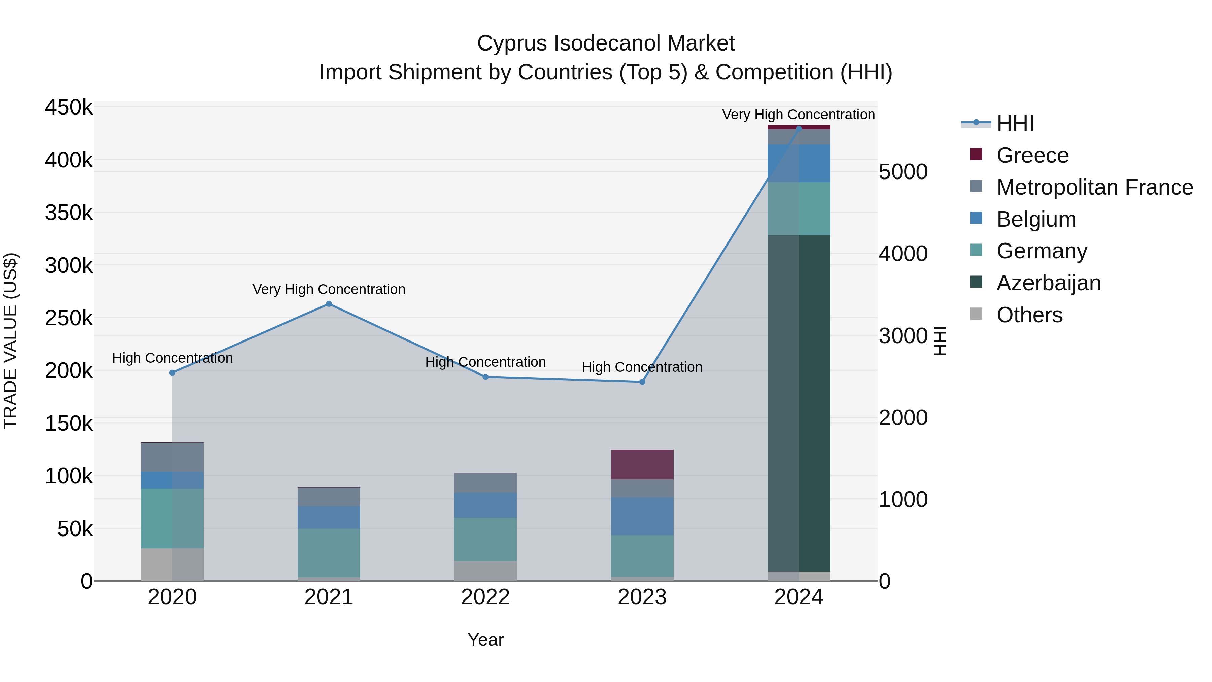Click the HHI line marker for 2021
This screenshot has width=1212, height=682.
(329, 304)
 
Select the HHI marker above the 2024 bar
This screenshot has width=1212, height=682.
(799, 129)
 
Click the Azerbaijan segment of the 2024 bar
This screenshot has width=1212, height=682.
(799, 402)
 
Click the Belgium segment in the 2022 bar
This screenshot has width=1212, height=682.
(485, 505)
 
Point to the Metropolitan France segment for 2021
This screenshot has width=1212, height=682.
(329, 496)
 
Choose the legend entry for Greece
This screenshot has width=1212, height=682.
(1032, 155)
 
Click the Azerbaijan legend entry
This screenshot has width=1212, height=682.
(1048, 283)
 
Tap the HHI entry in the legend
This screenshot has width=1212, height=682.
(1015, 123)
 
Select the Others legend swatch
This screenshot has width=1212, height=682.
(976, 314)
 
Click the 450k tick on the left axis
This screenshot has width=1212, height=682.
(69, 107)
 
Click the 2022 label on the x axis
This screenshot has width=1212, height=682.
(485, 597)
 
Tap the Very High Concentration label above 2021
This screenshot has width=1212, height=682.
(329, 289)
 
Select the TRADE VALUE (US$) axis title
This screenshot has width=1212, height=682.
(10, 341)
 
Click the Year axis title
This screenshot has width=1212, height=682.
(485, 640)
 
